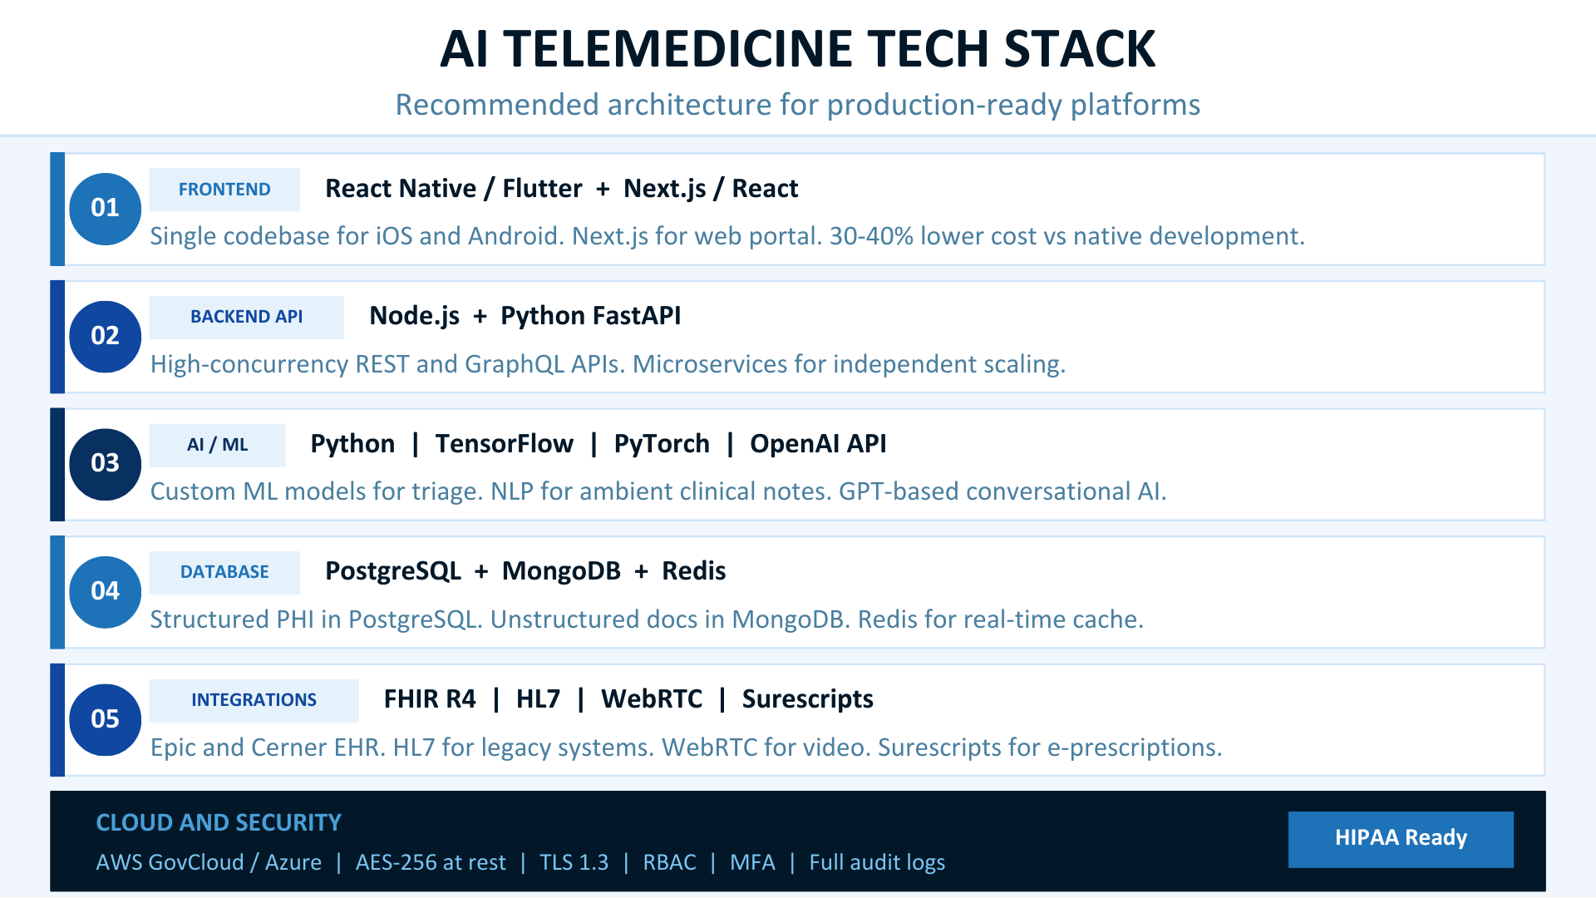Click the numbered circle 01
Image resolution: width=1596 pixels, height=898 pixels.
[105, 209]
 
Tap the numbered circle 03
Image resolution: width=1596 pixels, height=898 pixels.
[105, 464]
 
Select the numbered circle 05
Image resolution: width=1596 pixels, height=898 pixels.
[105, 719]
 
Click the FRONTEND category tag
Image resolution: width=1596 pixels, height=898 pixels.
[224, 190]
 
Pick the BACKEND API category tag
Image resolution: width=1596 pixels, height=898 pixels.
[246, 317]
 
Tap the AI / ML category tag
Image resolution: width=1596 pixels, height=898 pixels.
[217, 445]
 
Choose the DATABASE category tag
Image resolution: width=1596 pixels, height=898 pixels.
[224, 572]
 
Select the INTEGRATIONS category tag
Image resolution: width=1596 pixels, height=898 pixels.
[254, 700]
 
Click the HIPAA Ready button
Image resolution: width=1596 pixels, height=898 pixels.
[1401, 838]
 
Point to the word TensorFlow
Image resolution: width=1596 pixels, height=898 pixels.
[504, 444]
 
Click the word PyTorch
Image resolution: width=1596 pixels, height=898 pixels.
[662, 444]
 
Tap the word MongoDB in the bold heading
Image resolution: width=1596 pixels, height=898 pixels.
[561, 571]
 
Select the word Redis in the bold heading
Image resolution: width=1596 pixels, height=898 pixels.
[693, 571]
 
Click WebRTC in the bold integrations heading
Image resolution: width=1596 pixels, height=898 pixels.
[652, 699]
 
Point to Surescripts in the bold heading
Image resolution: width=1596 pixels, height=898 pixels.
[807, 699]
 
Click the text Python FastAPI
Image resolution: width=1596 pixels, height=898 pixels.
[590, 316]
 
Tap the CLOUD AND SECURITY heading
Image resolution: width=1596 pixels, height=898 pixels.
[219, 822]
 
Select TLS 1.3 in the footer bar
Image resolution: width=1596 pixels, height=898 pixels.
[574, 862]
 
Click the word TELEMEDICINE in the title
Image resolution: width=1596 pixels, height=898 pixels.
[680, 49]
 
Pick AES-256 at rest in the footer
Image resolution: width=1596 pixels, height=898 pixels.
[431, 862]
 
